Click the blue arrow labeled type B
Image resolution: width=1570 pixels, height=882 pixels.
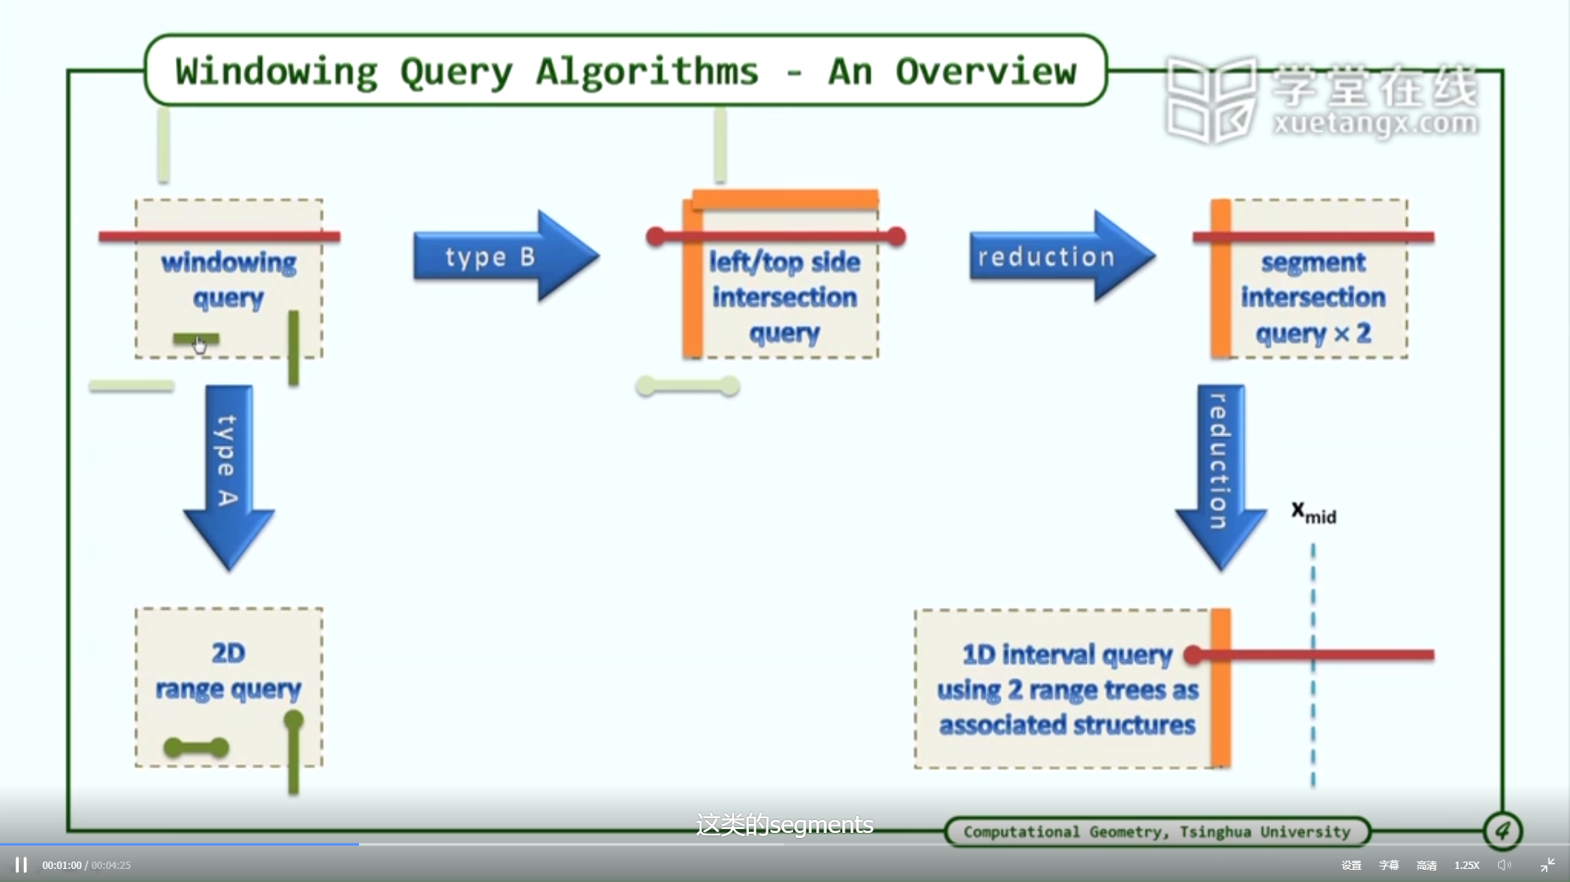pos(506,257)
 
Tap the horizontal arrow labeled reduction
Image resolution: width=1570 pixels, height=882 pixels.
pos(1062,257)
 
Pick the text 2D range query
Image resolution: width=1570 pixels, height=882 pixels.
pos(229,671)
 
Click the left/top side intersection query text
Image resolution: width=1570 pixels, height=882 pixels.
pos(784,298)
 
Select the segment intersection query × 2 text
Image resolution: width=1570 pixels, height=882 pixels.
pos(1313,298)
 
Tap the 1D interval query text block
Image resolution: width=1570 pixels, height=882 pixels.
pos(1068,689)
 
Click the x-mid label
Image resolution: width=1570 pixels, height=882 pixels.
pos(1313,513)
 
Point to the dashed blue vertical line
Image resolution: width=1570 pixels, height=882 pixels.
pos(1313,665)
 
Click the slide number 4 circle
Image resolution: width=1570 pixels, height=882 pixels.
pos(1503,831)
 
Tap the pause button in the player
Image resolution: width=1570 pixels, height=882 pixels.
pos(21,865)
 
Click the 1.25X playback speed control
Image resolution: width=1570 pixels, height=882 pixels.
pos(1467,865)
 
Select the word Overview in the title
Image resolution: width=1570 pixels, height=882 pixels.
pos(986,72)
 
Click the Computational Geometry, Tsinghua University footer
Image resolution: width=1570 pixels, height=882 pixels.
pos(1157,832)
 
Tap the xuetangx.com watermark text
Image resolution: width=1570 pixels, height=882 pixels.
pos(1375,123)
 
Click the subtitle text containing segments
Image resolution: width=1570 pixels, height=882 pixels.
pos(784,824)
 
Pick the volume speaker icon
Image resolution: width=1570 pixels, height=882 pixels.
pos(1504,865)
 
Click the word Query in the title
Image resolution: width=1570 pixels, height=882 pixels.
pos(457,73)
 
